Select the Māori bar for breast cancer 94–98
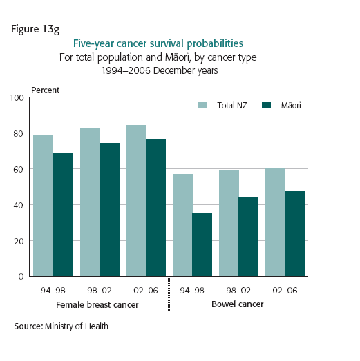click(x=62, y=215)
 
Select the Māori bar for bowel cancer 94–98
click(x=202, y=245)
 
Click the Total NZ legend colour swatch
click(x=203, y=106)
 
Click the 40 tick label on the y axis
click(x=19, y=205)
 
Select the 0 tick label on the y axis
click(x=22, y=277)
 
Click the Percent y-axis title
click(x=45, y=90)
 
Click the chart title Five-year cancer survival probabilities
click(x=179, y=45)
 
